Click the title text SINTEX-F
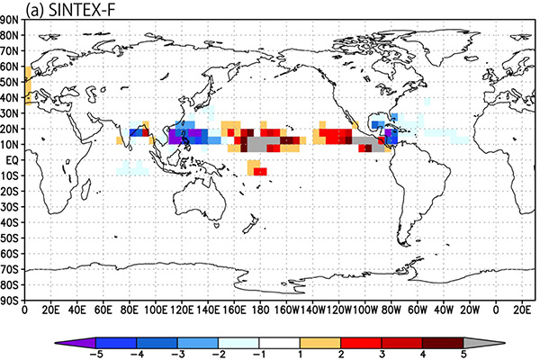pos(82,10)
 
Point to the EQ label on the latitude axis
pos(12,160)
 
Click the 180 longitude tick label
pos(260,310)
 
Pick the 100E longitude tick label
pos(156,310)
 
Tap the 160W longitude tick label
pos(287,310)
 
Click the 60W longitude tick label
pos(418,310)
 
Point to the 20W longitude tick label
pos(470,310)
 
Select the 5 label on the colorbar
pos(463,354)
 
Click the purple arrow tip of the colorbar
pos(56,343)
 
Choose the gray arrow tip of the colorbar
pos(504,343)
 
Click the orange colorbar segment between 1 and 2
pos(320,343)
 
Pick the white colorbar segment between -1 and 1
pos(279,343)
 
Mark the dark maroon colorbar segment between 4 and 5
pos(443,343)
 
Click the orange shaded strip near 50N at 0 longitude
pos(28,85)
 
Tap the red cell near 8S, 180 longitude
pos(260,171)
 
